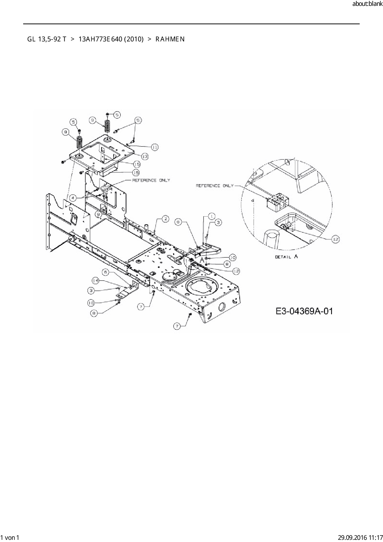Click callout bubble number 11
[x=154, y=147]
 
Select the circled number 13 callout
[x=145, y=156]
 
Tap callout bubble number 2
[x=166, y=219]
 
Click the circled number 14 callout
[x=95, y=280]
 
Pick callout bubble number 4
[x=73, y=197]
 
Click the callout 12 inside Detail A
[x=336, y=239]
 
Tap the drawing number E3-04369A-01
[x=304, y=311]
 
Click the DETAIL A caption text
[x=286, y=256]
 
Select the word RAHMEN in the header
[x=170, y=39]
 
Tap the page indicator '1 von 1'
[x=10, y=537]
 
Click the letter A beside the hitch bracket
[x=203, y=258]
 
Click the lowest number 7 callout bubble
[x=177, y=326]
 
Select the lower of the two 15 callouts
[x=136, y=172]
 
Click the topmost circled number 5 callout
[x=117, y=115]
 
